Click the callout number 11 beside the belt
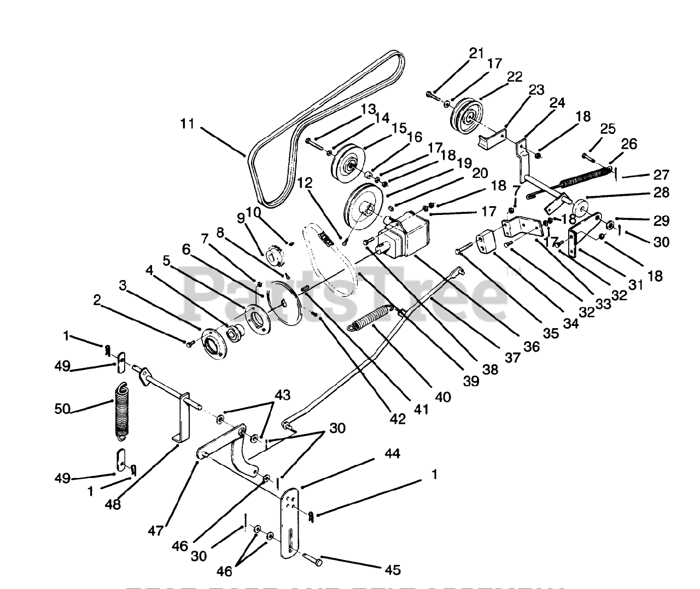[x=187, y=124]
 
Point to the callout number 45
[x=392, y=570]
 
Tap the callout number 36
[x=531, y=346]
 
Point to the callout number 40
[x=444, y=396]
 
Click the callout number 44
[x=392, y=453]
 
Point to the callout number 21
[x=476, y=53]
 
